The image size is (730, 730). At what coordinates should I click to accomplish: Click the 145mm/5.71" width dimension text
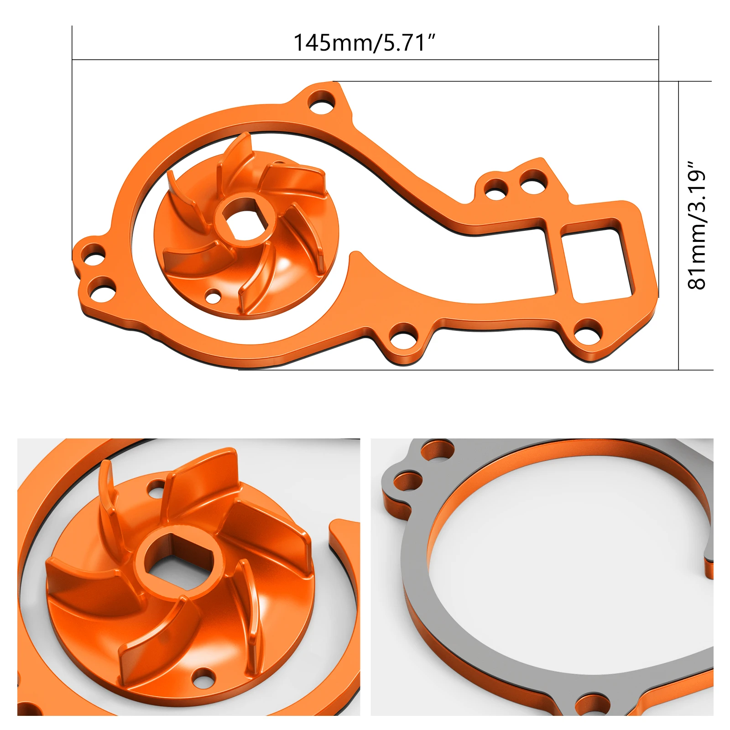364,42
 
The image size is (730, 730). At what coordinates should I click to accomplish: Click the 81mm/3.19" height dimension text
697,225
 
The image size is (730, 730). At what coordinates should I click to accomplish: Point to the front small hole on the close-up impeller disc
203,679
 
